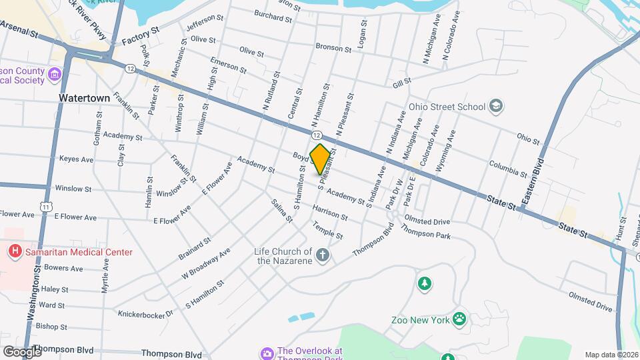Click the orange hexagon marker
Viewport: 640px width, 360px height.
321,159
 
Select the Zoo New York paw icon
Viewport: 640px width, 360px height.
459,318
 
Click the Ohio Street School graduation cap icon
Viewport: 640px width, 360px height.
496,106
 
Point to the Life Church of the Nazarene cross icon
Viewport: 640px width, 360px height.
322,255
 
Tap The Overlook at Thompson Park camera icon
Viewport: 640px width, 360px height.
267,352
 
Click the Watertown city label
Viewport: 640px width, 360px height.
84,98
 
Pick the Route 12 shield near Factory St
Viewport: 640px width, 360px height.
129,68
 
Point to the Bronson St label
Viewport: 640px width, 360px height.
333,49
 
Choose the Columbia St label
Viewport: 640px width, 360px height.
508,168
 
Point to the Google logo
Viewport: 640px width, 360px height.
21,352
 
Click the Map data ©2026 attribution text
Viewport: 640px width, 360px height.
611,355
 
